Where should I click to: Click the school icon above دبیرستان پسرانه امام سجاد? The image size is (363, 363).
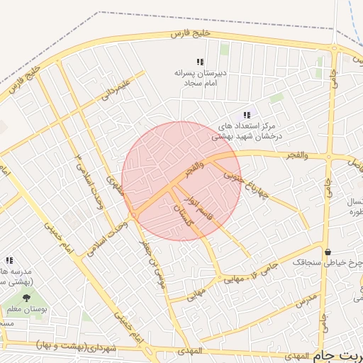click(200, 62)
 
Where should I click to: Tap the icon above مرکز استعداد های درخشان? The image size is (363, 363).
click(247, 115)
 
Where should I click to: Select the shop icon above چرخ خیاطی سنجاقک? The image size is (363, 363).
click(328, 252)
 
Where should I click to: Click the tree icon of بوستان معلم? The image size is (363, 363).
click(27, 298)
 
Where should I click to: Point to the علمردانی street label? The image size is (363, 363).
click(116, 87)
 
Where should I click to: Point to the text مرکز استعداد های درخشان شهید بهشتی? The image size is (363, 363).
click(248, 130)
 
